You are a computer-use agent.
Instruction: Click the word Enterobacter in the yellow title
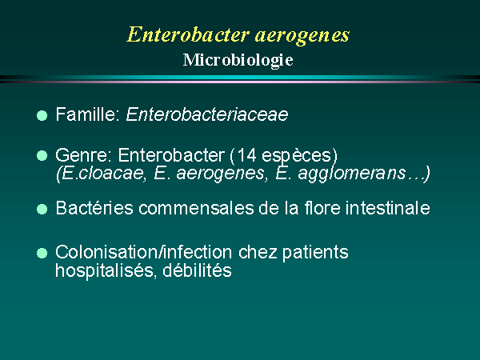pyautogui.click(x=187, y=34)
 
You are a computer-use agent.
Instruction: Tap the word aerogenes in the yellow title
pyautogui.click(x=302, y=36)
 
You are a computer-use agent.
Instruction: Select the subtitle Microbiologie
pyautogui.click(x=238, y=60)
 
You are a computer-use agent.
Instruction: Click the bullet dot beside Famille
pyautogui.click(x=42, y=116)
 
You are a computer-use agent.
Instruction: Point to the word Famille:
pyautogui.click(x=87, y=114)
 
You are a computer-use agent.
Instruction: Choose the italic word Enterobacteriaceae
pyautogui.click(x=207, y=114)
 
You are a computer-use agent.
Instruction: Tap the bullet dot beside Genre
pyautogui.click(x=42, y=155)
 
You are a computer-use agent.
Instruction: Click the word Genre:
pyautogui.click(x=83, y=155)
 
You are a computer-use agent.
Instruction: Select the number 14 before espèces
pyautogui.click(x=246, y=155)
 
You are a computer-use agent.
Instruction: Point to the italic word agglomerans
pyautogui.click(x=352, y=174)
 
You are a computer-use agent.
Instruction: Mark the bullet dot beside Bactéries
pyautogui.click(x=42, y=210)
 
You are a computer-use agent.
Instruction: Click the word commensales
pyautogui.click(x=196, y=208)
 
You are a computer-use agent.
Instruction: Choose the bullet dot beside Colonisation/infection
pyautogui.click(x=42, y=253)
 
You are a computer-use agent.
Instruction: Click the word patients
pyautogui.click(x=315, y=253)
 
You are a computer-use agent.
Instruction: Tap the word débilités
pyautogui.click(x=197, y=270)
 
